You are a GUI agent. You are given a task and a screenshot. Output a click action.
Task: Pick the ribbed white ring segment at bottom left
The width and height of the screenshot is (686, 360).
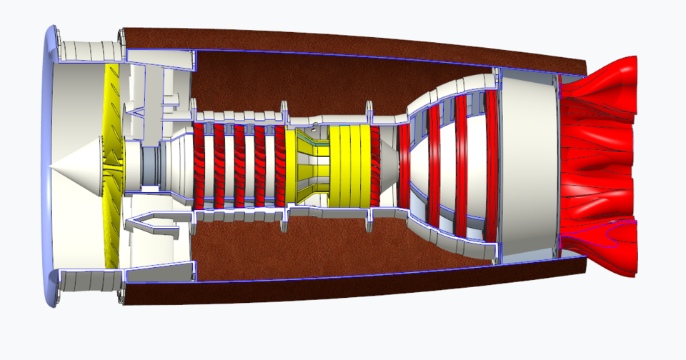[89, 281]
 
